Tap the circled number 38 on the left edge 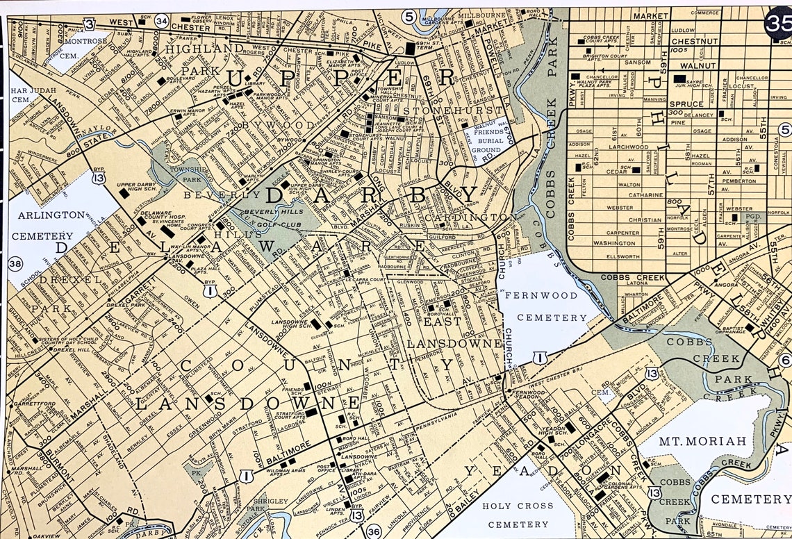point(15,263)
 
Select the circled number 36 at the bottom point(373,531)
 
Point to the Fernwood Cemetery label point(546,306)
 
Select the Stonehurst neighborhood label point(453,110)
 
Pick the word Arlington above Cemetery point(51,215)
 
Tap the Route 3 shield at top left point(89,24)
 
